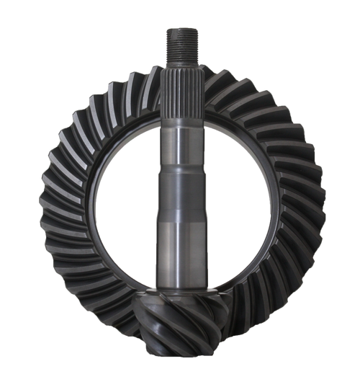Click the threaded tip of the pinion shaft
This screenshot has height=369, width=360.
point(182,44)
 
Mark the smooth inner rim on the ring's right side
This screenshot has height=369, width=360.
point(274,202)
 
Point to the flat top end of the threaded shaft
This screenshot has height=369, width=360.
point(182,30)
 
